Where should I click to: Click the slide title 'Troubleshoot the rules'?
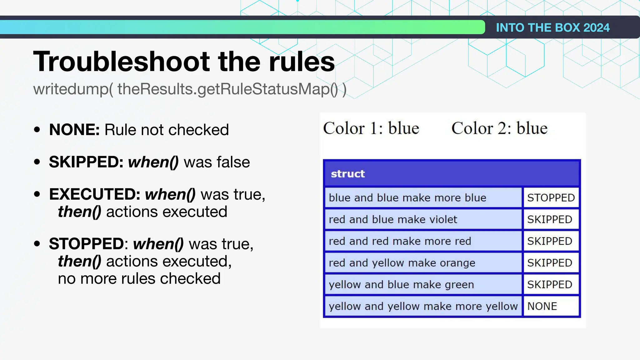coord(184,62)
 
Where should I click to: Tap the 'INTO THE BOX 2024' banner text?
coord(552,27)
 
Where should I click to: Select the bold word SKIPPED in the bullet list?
coord(86,162)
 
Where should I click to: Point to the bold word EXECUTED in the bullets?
coord(95,194)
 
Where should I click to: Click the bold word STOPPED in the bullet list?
coord(87,244)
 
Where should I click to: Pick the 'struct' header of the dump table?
coord(348,174)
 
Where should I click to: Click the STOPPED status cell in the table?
coord(551,198)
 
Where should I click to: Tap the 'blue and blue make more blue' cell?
coord(407,198)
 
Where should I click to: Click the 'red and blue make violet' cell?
coord(393,219)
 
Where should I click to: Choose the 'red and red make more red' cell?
coord(400,241)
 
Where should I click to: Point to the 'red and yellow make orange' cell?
coord(402,263)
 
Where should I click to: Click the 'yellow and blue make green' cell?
coord(401,285)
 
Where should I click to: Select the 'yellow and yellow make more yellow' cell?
coord(423,306)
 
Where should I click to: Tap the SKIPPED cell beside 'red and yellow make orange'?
coord(550,263)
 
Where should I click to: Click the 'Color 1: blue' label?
coord(371,128)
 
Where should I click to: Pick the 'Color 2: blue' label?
coord(499,128)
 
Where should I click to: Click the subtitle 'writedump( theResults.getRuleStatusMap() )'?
coord(190,89)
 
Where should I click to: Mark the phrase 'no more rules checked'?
coord(139,278)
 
